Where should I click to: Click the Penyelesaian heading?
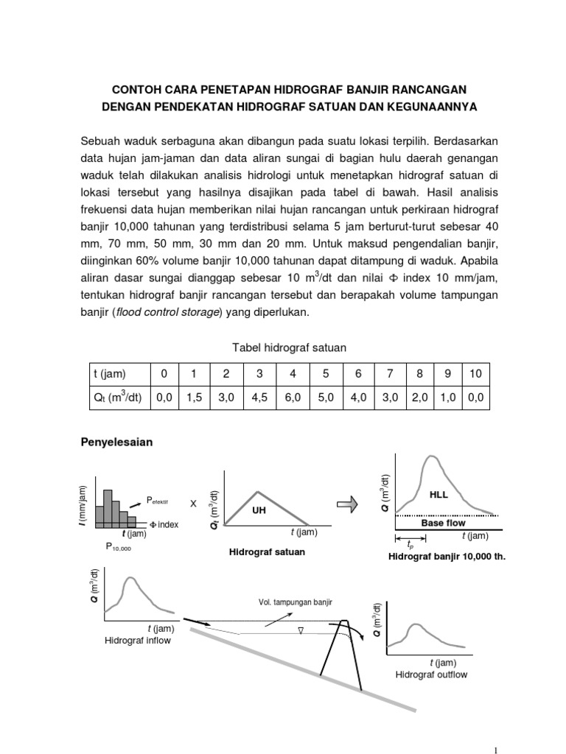(x=115, y=443)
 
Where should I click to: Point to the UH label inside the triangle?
(x=258, y=510)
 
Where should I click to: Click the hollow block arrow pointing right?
(x=346, y=504)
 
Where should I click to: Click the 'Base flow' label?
(x=443, y=523)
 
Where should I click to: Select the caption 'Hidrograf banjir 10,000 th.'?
(x=447, y=557)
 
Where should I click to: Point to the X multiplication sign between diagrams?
(x=194, y=504)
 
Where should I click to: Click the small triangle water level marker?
(x=300, y=630)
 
